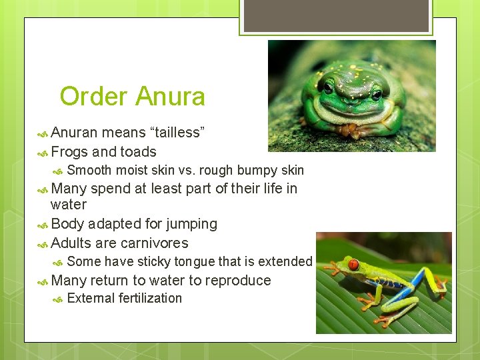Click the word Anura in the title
pos(169,97)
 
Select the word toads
pos(137,152)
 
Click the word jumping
pos(189,224)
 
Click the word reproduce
pos(237,280)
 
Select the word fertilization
pos(150,298)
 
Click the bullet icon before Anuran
pos(42,133)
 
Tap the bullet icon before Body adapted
pos(42,225)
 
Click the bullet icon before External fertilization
pos(58,299)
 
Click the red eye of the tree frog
pos(353,265)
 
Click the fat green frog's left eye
pos(329,87)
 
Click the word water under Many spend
pos(69,205)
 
